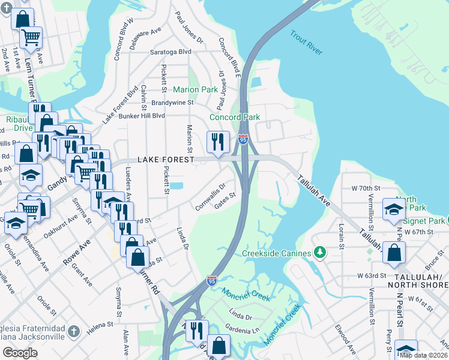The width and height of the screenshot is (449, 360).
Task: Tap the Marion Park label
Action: pyautogui.click(x=195, y=89)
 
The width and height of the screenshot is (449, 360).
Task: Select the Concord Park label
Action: pyautogui.click(x=234, y=117)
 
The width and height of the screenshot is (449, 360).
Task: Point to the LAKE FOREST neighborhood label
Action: pyautogui.click(x=166, y=160)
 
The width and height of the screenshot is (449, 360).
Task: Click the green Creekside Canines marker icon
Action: pyautogui.click(x=320, y=252)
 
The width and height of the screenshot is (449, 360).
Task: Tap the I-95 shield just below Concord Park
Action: pyautogui.click(x=243, y=140)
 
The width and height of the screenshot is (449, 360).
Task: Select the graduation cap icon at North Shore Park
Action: pyautogui.click(x=393, y=209)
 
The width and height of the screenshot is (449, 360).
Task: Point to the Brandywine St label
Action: pyautogui.click(x=172, y=103)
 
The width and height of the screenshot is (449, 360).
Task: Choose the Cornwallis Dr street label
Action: pyautogui.click(x=210, y=197)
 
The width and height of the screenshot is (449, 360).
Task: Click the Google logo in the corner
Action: pyautogui.click(x=20, y=353)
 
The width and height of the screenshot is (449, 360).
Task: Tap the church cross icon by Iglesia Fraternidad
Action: pyautogui.click(x=73, y=331)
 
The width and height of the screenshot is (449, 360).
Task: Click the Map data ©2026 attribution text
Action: pyautogui.click(x=423, y=355)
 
